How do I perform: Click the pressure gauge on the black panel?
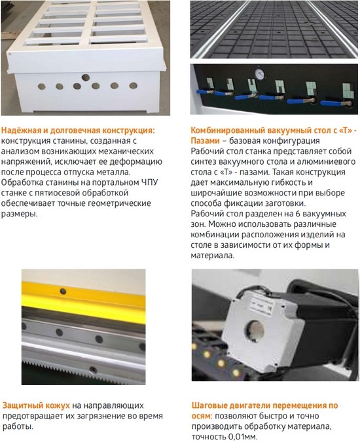click(260, 74)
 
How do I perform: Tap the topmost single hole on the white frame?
click(86, 78)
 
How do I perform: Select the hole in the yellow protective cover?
click(63, 291)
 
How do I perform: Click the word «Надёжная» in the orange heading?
click(21, 131)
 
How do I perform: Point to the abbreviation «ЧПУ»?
click(149, 182)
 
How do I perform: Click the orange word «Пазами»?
click(205, 141)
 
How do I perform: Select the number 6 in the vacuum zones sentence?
click(297, 214)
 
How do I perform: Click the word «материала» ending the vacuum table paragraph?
click(213, 256)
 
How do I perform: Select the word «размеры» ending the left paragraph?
click(19, 214)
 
